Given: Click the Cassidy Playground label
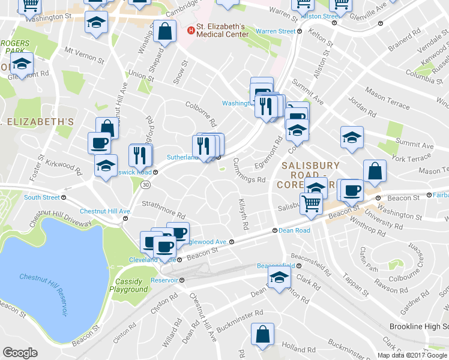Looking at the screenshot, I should click(x=128, y=286).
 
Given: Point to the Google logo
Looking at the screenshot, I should click(x=20, y=353).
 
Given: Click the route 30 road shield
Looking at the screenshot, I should click(x=146, y=185).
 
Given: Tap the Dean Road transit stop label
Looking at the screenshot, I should click(x=294, y=230).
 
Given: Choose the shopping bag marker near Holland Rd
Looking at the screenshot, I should click(x=262, y=335).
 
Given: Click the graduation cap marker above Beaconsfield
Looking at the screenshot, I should click(x=279, y=278).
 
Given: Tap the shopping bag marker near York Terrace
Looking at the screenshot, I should click(x=375, y=170).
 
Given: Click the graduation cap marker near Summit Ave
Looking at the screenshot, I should click(x=352, y=137).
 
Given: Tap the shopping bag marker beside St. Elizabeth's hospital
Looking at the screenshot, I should click(x=164, y=32).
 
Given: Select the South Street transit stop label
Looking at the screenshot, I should click(x=42, y=197).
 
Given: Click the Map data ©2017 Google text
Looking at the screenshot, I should click(x=412, y=355).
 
